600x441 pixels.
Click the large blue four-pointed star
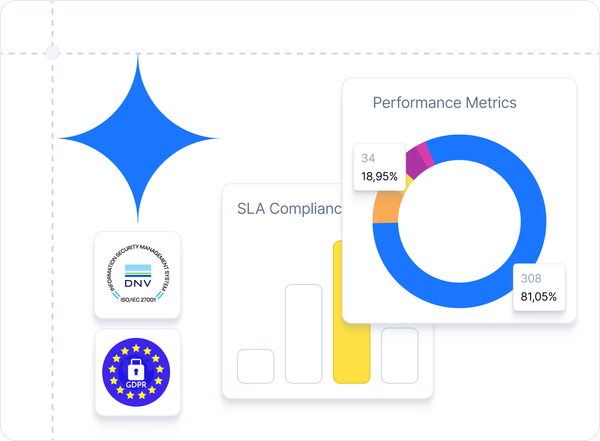[138, 138]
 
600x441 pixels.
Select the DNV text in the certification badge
[138, 283]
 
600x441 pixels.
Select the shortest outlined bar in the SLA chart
[256, 366]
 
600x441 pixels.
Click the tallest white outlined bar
[303, 334]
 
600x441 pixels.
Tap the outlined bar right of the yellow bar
[400, 356]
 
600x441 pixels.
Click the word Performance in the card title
[416, 103]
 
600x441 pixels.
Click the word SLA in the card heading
[251, 209]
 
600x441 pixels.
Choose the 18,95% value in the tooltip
[379, 176]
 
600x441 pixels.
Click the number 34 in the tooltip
[368, 158]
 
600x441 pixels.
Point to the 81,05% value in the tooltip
[539, 296]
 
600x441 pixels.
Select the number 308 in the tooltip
[531, 278]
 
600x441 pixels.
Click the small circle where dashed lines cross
[52, 52]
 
